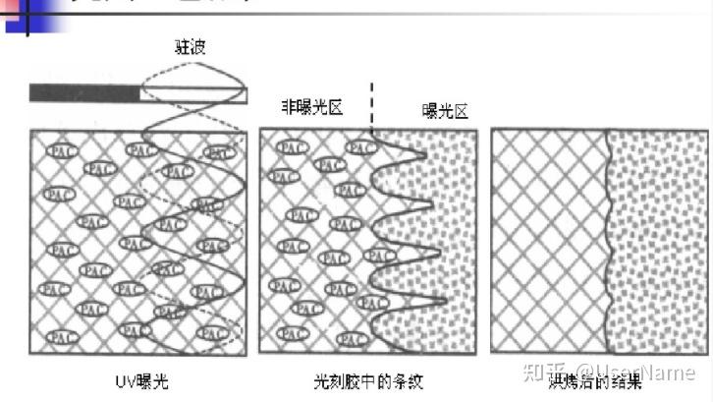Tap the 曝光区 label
[445, 111]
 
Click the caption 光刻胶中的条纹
[368, 379]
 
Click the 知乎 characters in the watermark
[548, 373]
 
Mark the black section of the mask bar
[84, 93]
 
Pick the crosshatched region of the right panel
[547, 241]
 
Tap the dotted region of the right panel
[658, 241]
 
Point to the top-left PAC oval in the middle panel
[292, 147]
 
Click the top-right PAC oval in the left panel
[220, 151]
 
